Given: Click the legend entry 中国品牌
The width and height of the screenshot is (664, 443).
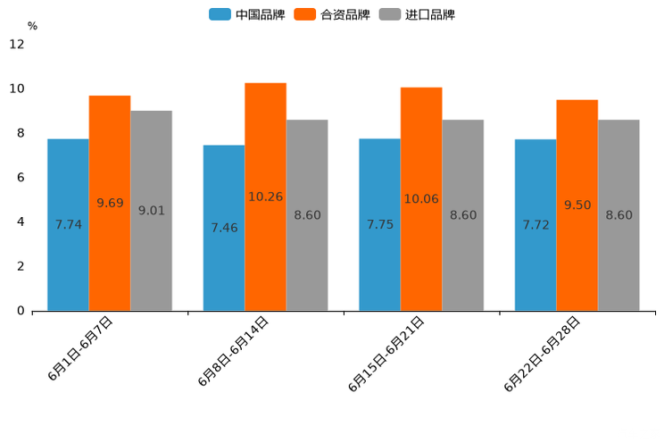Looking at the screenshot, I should (x=247, y=14).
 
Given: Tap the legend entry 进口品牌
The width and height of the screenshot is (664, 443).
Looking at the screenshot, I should (x=417, y=14).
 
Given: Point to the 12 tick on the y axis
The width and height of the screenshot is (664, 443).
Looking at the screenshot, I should (x=17, y=45).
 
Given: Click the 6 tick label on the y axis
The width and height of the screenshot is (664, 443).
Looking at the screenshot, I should (x=21, y=178).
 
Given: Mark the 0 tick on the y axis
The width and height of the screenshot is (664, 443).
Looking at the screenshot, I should (x=21, y=311).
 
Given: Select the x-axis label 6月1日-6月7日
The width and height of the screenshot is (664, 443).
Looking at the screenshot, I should (x=80, y=349).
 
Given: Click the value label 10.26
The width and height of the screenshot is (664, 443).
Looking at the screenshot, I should (x=265, y=196).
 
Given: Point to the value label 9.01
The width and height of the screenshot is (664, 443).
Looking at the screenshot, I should (x=151, y=211).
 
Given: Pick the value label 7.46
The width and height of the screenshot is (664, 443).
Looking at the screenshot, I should (x=224, y=228).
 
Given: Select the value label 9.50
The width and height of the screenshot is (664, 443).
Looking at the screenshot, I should (x=577, y=205).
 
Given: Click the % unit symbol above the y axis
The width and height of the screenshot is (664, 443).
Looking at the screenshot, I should (x=32, y=26).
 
